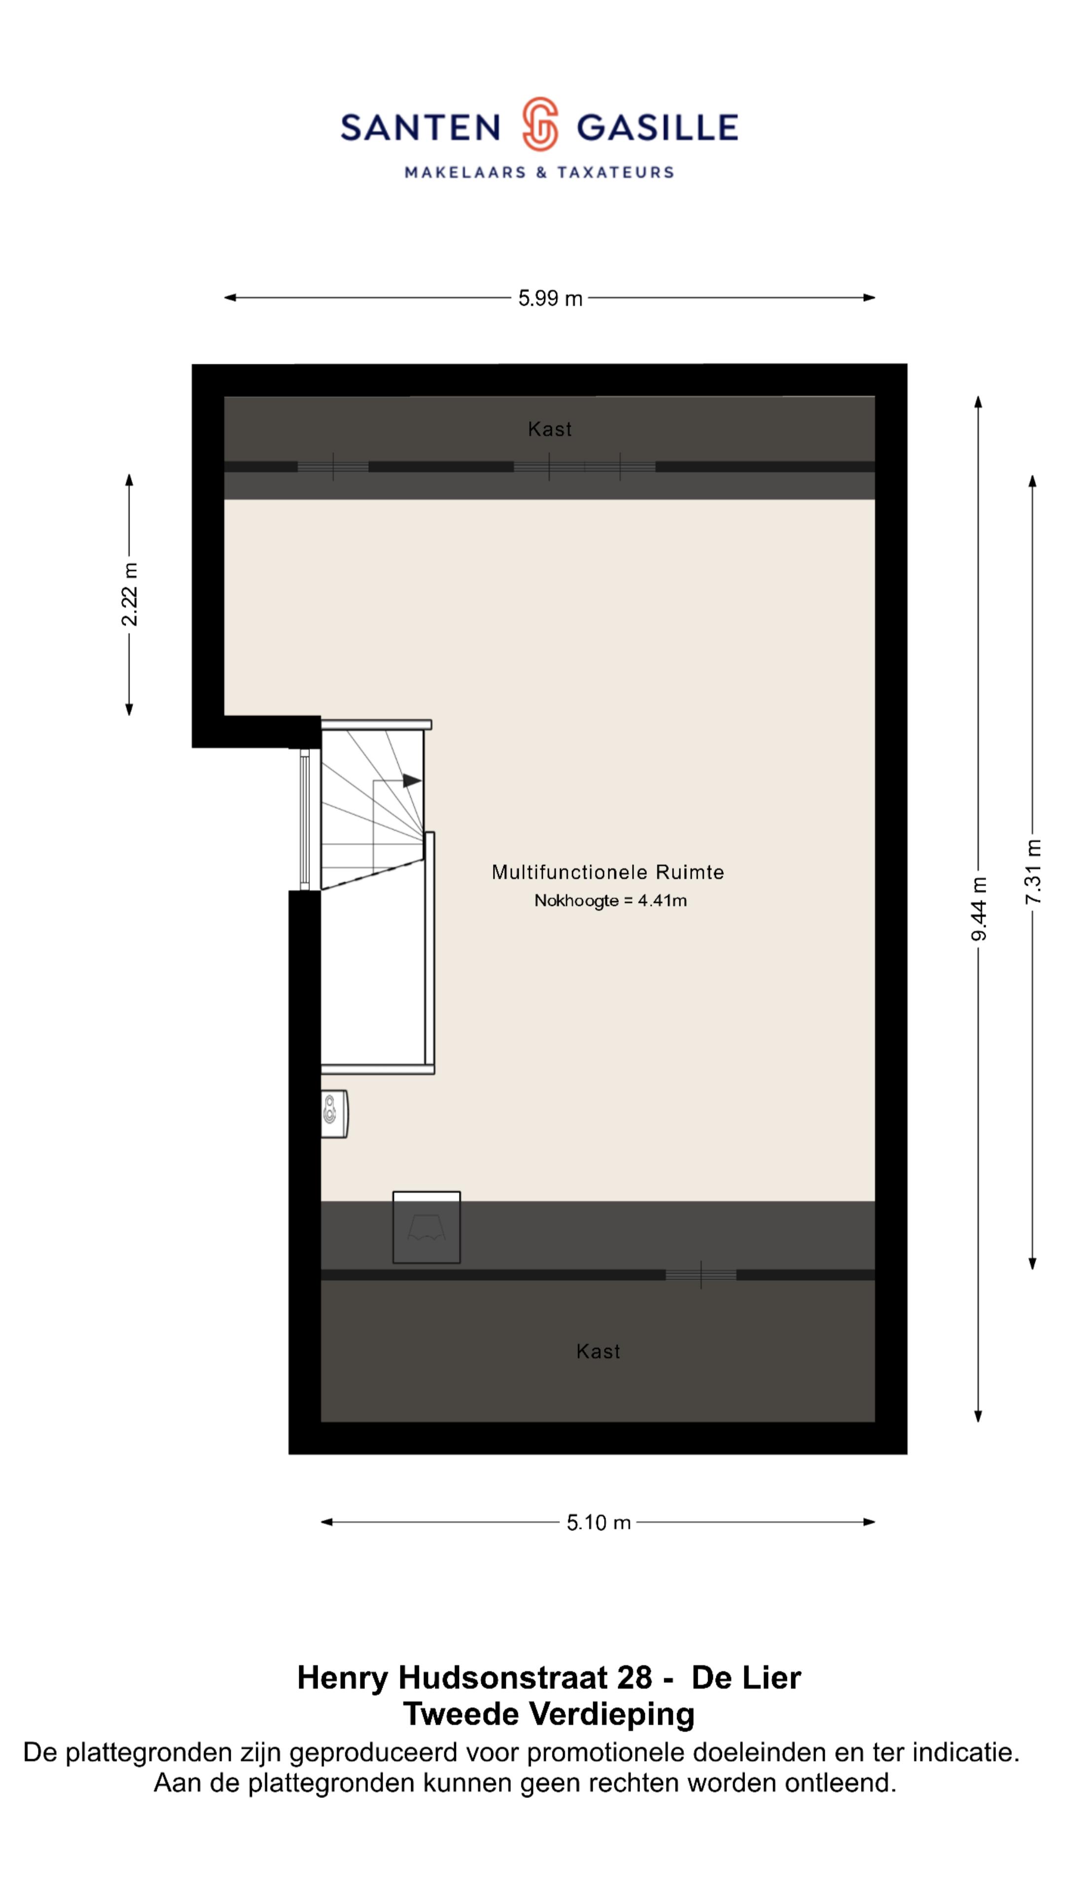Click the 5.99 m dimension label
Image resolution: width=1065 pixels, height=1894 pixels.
coord(550,298)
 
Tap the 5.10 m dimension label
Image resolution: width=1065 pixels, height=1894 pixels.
coord(598,1522)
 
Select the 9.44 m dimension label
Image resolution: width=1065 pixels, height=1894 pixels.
coord(978,909)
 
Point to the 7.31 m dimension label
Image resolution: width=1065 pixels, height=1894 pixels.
coord(1032,872)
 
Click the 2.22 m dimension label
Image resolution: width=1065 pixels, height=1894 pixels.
coord(129,594)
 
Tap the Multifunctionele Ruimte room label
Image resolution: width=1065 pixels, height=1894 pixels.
coord(608,872)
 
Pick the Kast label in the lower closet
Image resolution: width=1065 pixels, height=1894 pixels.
coord(598,1351)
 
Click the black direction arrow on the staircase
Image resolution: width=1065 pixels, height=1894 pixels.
coord(412,780)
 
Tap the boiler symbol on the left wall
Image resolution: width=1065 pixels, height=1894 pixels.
coord(334,1114)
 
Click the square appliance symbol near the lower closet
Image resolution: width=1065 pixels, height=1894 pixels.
coord(426,1228)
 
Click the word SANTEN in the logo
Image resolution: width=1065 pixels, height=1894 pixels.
coord(421,128)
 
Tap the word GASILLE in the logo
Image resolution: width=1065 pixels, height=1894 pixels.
coord(657,128)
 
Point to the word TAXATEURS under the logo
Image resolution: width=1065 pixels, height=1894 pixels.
coord(615,173)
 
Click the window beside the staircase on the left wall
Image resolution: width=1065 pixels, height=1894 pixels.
coord(304,819)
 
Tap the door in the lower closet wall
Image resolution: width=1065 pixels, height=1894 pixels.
coord(701,1275)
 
